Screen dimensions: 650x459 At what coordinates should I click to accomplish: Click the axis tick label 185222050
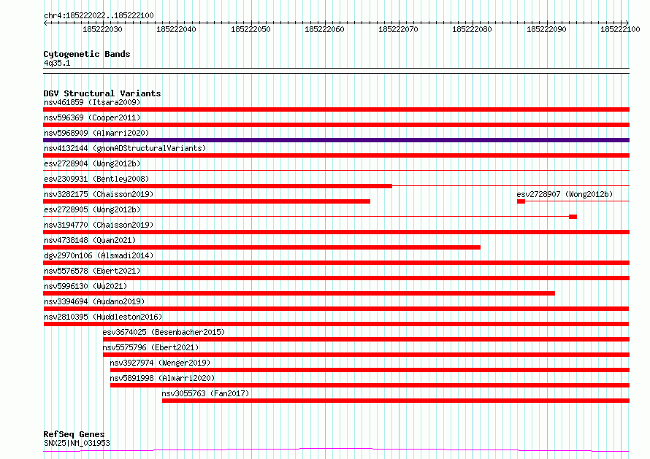coord(251,29)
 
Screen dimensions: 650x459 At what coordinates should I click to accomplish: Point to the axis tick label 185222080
coord(472,29)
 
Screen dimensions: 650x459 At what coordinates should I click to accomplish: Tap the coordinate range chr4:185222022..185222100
coord(99,15)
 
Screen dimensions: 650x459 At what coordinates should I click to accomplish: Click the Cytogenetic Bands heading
coord(87,54)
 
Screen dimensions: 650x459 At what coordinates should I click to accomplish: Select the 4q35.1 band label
coord(57,63)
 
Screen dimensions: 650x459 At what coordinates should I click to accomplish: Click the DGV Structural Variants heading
coord(102,93)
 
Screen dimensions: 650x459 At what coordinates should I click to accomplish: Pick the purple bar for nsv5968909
coord(336,140)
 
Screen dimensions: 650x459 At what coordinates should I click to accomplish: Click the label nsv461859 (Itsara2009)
coord(92,102)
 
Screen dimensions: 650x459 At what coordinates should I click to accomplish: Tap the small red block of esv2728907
coord(521,201)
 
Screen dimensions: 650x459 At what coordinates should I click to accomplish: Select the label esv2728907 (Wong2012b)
coord(565,194)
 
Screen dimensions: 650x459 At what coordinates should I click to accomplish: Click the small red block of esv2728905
coord(573,217)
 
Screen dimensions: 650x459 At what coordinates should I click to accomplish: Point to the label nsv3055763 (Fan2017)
coord(205,393)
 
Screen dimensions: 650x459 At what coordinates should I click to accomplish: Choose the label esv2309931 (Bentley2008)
coord(96,179)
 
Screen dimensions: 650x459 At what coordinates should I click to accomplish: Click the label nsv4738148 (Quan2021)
coord(90,240)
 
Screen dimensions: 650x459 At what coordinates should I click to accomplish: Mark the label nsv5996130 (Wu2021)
coord(85,286)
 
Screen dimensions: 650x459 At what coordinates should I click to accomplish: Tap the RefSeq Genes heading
coord(74,434)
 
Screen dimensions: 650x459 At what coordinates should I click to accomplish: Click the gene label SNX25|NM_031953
coord(77,443)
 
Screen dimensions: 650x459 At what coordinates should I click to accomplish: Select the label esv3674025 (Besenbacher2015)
coord(164,332)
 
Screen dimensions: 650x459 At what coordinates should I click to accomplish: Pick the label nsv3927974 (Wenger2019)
coord(160,363)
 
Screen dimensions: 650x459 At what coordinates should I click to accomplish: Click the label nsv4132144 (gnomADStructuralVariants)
coord(125,148)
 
